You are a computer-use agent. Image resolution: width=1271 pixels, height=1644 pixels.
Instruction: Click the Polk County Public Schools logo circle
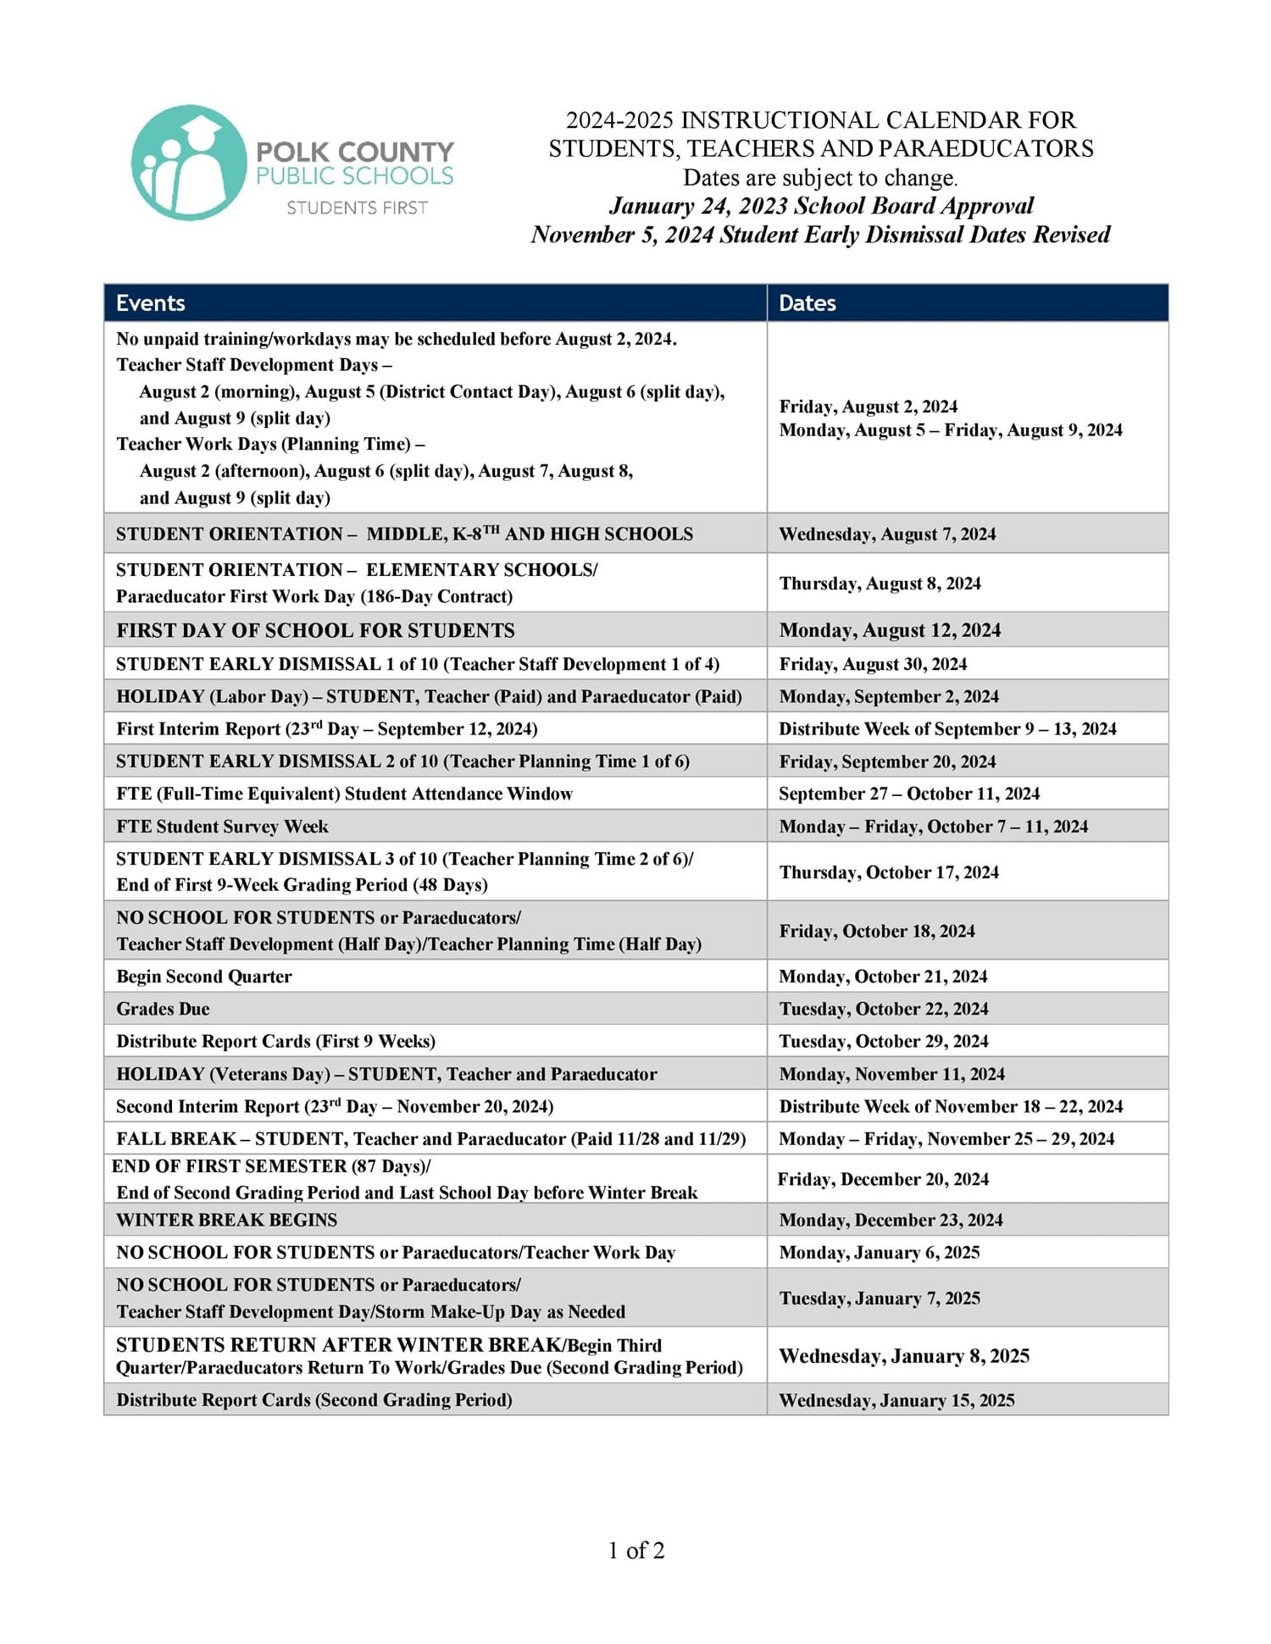pyautogui.click(x=188, y=163)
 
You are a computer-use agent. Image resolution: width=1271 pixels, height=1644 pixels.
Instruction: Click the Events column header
pyautogui.click(x=151, y=303)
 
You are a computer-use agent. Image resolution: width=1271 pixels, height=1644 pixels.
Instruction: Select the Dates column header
pyautogui.click(x=808, y=303)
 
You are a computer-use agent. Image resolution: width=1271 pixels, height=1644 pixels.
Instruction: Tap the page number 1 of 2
pyautogui.click(x=635, y=1550)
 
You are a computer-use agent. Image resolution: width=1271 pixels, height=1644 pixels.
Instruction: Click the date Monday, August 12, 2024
pyautogui.click(x=890, y=630)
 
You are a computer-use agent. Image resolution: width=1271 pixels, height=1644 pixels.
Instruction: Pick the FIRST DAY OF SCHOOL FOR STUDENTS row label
pyautogui.click(x=315, y=630)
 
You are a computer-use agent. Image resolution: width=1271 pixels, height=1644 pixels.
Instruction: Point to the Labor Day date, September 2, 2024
pyautogui.click(x=889, y=696)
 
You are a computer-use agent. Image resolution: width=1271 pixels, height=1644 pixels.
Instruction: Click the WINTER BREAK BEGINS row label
pyautogui.click(x=226, y=1220)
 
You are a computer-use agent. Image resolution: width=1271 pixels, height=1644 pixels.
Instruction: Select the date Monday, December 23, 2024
pyautogui.click(x=891, y=1220)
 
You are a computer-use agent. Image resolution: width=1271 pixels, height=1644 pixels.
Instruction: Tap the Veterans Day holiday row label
pyautogui.click(x=386, y=1074)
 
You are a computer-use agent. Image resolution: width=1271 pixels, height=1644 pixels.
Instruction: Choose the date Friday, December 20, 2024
pyautogui.click(x=883, y=1179)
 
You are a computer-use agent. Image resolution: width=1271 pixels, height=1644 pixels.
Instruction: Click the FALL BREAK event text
pyautogui.click(x=430, y=1138)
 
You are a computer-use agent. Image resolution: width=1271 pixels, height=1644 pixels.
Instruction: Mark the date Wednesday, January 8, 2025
pyautogui.click(x=904, y=1356)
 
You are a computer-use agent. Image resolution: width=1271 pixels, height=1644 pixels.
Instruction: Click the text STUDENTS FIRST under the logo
pyautogui.click(x=357, y=208)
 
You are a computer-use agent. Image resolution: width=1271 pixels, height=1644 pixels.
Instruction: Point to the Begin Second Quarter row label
pyautogui.click(x=203, y=977)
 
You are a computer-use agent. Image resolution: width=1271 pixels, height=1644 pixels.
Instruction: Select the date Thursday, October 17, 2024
pyautogui.click(x=889, y=872)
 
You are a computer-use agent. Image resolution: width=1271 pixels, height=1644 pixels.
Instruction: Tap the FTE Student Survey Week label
pyautogui.click(x=222, y=826)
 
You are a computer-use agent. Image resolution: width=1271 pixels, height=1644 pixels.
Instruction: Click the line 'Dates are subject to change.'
pyautogui.click(x=820, y=178)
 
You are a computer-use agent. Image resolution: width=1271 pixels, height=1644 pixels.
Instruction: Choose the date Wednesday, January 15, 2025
pyautogui.click(x=896, y=1400)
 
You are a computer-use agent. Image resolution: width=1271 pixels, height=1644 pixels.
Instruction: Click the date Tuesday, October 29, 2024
pyautogui.click(x=884, y=1041)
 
